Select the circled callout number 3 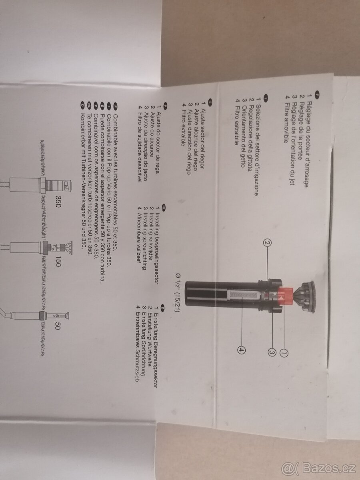272,352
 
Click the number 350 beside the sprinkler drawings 58,201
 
